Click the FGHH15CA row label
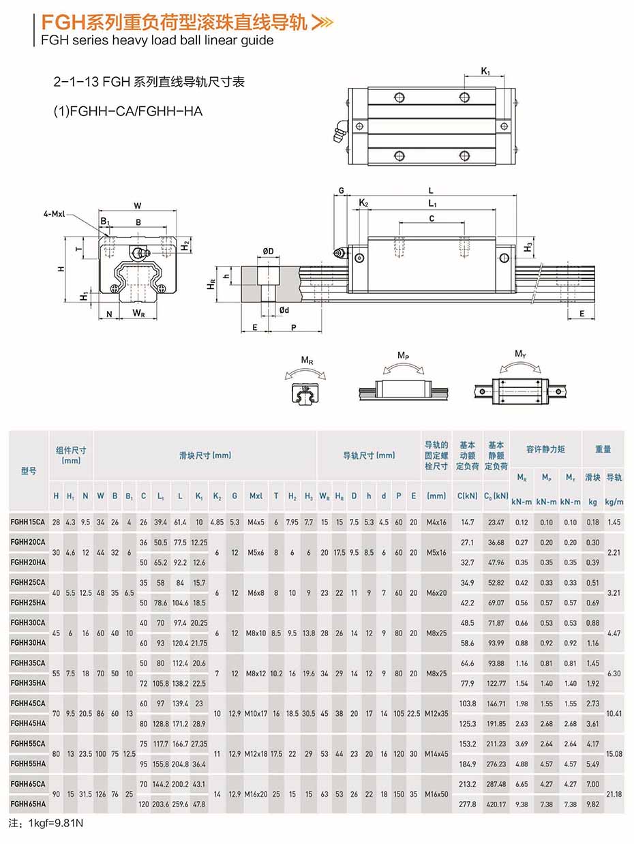28,522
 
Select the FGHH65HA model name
28,804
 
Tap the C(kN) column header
467,496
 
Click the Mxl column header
256,496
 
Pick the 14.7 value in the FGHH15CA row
467,522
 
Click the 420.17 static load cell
496,804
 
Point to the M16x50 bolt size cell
436,794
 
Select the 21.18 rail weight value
614,794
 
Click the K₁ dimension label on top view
485,71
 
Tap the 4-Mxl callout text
55,214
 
